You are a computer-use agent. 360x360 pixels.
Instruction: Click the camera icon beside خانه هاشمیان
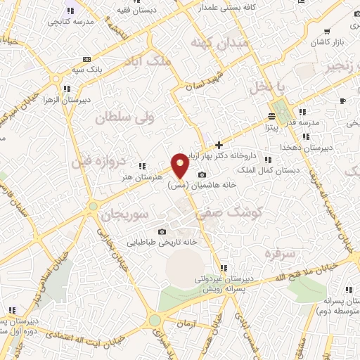pyautogui.click(x=202, y=175)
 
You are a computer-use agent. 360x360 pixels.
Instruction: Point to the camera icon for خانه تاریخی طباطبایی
pyautogui.click(x=162, y=232)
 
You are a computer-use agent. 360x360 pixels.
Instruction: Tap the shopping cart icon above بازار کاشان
pyautogui.click(x=328, y=32)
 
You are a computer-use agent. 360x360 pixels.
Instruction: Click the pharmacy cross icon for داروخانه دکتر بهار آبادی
pyautogui.click(x=219, y=144)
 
